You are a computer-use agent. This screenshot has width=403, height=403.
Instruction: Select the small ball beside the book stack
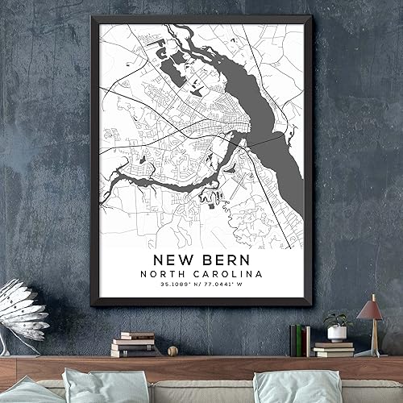pyautogui.click(x=172, y=351)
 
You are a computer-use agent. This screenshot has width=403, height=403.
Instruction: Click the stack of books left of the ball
pyautogui.click(x=134, y=344)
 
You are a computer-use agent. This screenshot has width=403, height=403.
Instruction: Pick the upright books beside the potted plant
pyautogui.click(x=300, y=339)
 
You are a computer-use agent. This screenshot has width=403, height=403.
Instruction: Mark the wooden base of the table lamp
pyautogui.click(x=372, y=351)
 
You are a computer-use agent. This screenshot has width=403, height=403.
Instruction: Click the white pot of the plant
pyautogui.click(x=337, y=333)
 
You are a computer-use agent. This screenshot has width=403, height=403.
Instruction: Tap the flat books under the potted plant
pyautogui.click(x=334, y=349)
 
